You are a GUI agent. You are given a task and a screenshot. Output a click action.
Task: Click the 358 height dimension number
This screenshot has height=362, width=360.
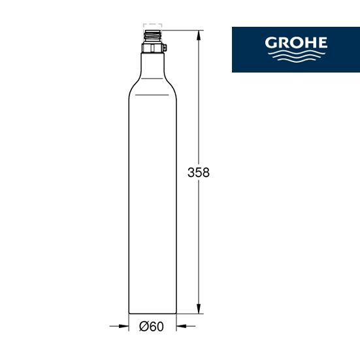[199, 173]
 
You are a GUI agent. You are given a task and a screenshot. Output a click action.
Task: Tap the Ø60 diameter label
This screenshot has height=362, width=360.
[152, 327]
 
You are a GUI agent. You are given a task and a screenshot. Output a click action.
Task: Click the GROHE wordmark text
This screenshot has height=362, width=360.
[296, 42]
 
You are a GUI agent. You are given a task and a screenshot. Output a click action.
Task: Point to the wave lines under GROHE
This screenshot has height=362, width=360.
[297, 56]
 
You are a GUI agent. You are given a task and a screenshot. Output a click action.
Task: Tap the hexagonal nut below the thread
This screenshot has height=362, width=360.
[152, 48]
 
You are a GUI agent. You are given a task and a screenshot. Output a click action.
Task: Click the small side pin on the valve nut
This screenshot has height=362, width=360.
[165, 48]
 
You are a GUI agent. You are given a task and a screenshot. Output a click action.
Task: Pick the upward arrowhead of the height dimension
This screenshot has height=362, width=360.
[199, 36]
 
